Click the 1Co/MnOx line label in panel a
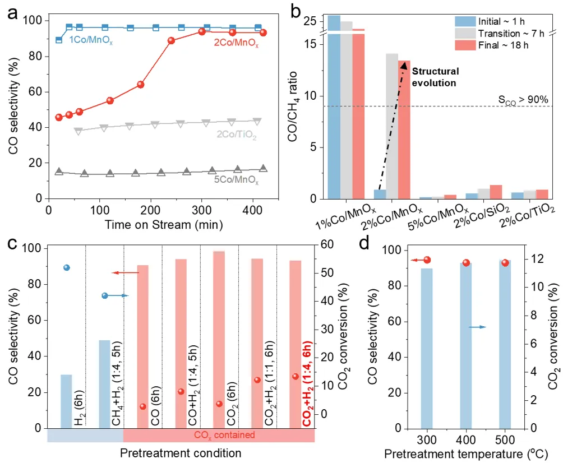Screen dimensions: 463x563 coord(90,40)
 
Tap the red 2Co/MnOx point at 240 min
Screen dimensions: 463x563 coord(172,40)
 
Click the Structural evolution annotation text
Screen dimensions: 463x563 coord(435,77)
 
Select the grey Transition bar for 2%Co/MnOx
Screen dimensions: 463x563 coord(391,126)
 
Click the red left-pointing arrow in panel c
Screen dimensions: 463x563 coord(125,273)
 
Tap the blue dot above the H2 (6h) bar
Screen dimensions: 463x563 coord(67,268)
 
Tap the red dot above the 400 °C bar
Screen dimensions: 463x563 coord(466,263)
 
